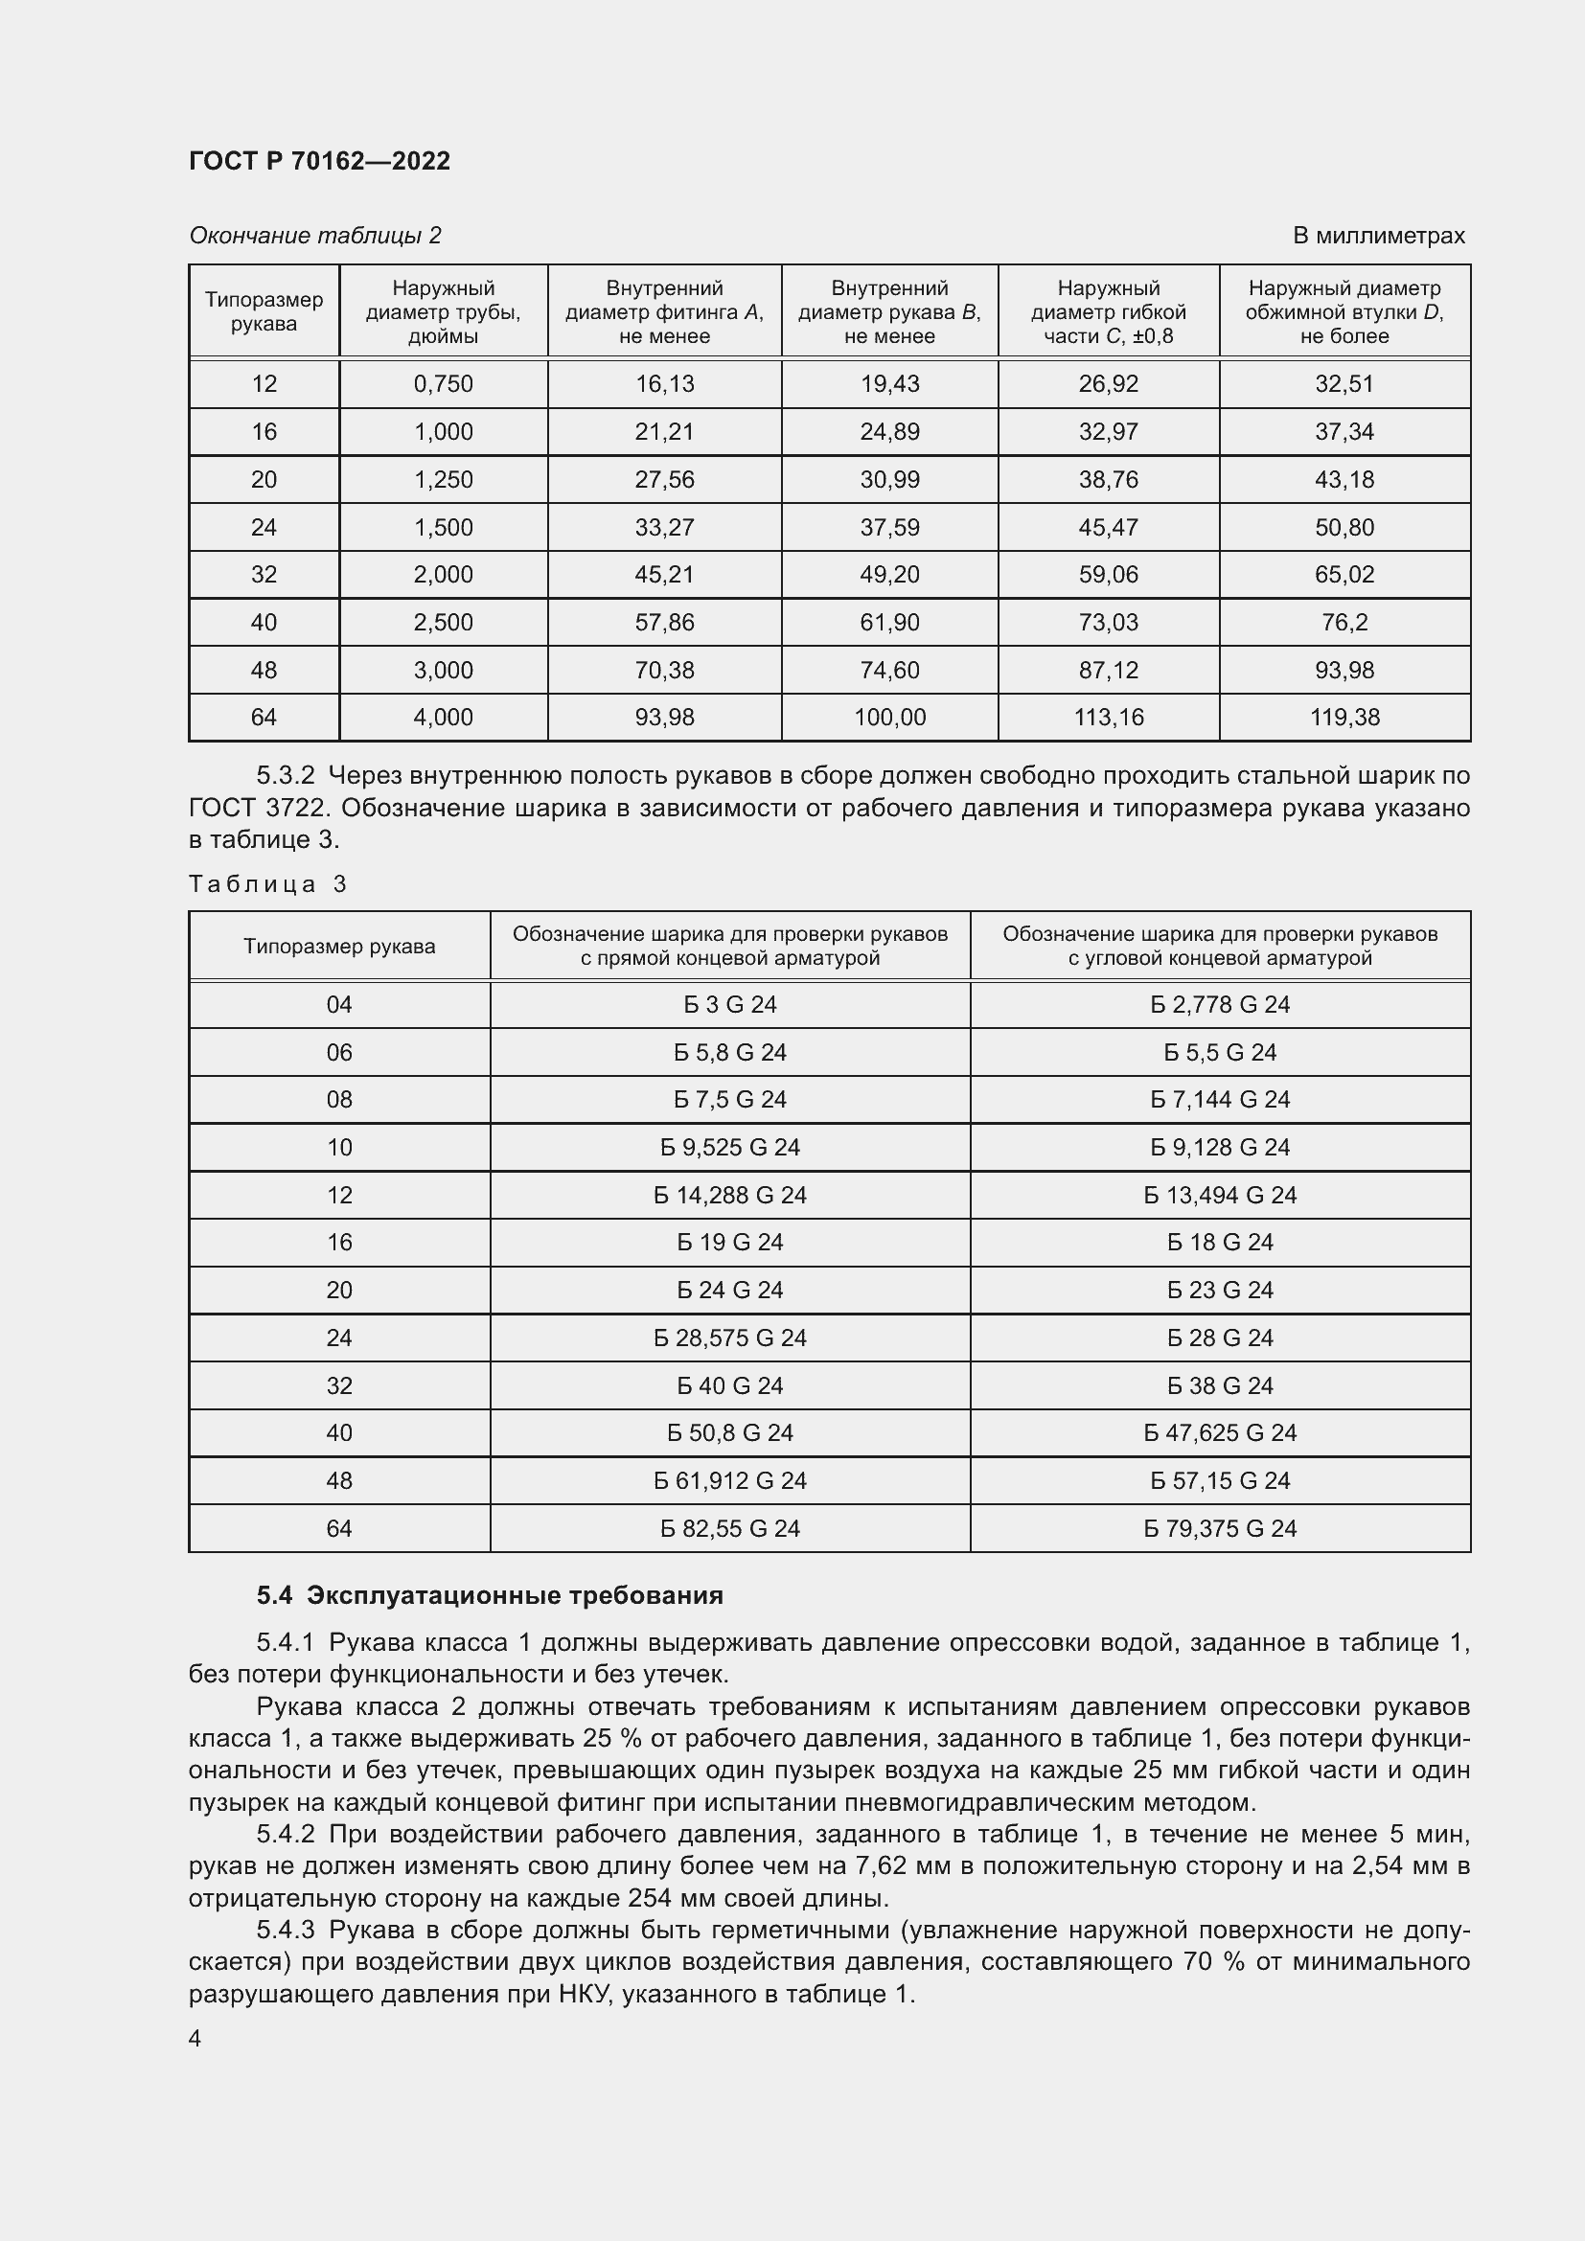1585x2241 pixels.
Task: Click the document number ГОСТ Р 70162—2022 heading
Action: [x=319, y=161]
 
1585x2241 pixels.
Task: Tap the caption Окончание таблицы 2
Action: [x=315, y=236]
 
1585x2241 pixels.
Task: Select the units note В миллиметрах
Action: [x=1378, y=236]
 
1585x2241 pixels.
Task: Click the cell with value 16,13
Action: [x=665, y=383]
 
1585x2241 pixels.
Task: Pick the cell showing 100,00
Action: [x=889, y=718]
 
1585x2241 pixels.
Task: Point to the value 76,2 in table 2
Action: [x=1344, y=623]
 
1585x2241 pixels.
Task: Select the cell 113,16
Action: [x=1108, y=718]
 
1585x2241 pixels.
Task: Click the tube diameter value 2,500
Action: [x=443, y=623]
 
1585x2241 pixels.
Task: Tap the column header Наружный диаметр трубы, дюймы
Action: [x=443, y=311]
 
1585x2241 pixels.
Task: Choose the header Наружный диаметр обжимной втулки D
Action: [x=1344, y=311]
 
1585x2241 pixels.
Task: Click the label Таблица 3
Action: [x=267, y=884]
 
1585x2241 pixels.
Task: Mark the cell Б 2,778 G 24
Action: [x=1219, y=1004]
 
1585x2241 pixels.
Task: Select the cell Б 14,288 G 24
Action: [x=729, y=1195]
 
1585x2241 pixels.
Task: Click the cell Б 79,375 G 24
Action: [x=1219, y=1528]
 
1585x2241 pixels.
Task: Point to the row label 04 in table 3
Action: [x=338, y=1004]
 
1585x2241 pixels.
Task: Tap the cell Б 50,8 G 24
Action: [x=729, y=1432]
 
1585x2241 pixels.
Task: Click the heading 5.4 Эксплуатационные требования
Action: [x=490, y=1596]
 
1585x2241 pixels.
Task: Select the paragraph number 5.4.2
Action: [x=285, y=1835]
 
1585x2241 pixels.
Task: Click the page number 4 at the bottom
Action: [x=195, y=2039]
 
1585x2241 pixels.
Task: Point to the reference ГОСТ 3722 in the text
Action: [x=258, y=809]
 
